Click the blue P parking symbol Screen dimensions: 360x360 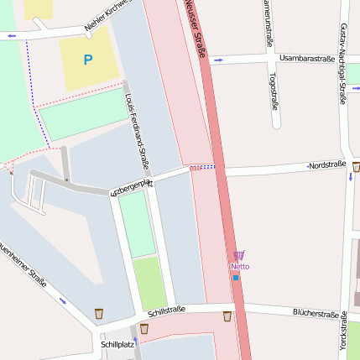(x=87, y=60)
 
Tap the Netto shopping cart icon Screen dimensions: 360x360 (x=239, y=255)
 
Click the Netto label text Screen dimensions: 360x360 (x=240, y=267)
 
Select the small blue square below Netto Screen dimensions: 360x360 (x=236, y=277)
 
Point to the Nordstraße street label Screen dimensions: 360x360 (x=327, y=165)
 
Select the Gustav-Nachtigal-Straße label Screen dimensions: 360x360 (x=343, y=64)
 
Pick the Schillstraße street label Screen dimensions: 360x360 (x=166, y=310)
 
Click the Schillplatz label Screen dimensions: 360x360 (x=117, y=344)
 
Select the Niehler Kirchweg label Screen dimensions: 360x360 (x=109, y=18)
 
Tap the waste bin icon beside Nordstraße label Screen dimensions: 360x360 (x=356, y=166)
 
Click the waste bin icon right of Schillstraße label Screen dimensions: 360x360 (x=227, y=316)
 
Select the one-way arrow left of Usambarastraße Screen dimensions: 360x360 (x=219, y=60)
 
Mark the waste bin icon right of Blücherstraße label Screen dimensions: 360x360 (x=345, y=316)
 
